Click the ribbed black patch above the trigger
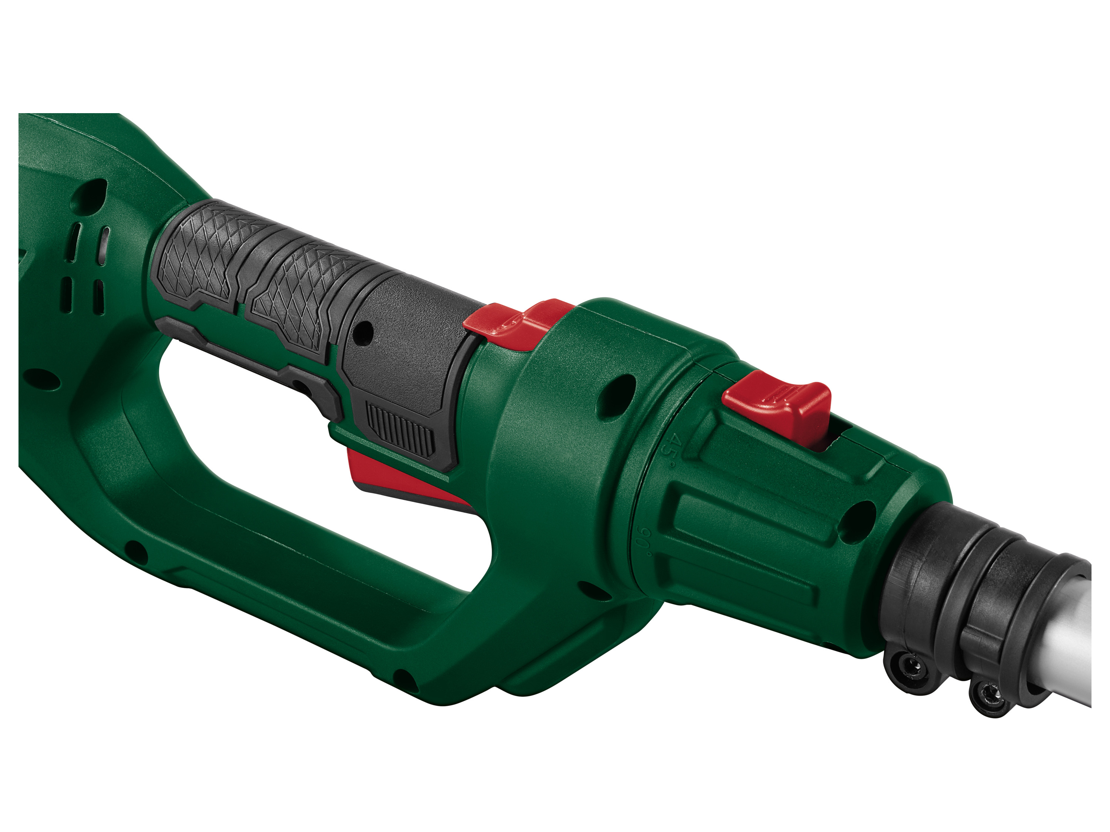tap(400, 429)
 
